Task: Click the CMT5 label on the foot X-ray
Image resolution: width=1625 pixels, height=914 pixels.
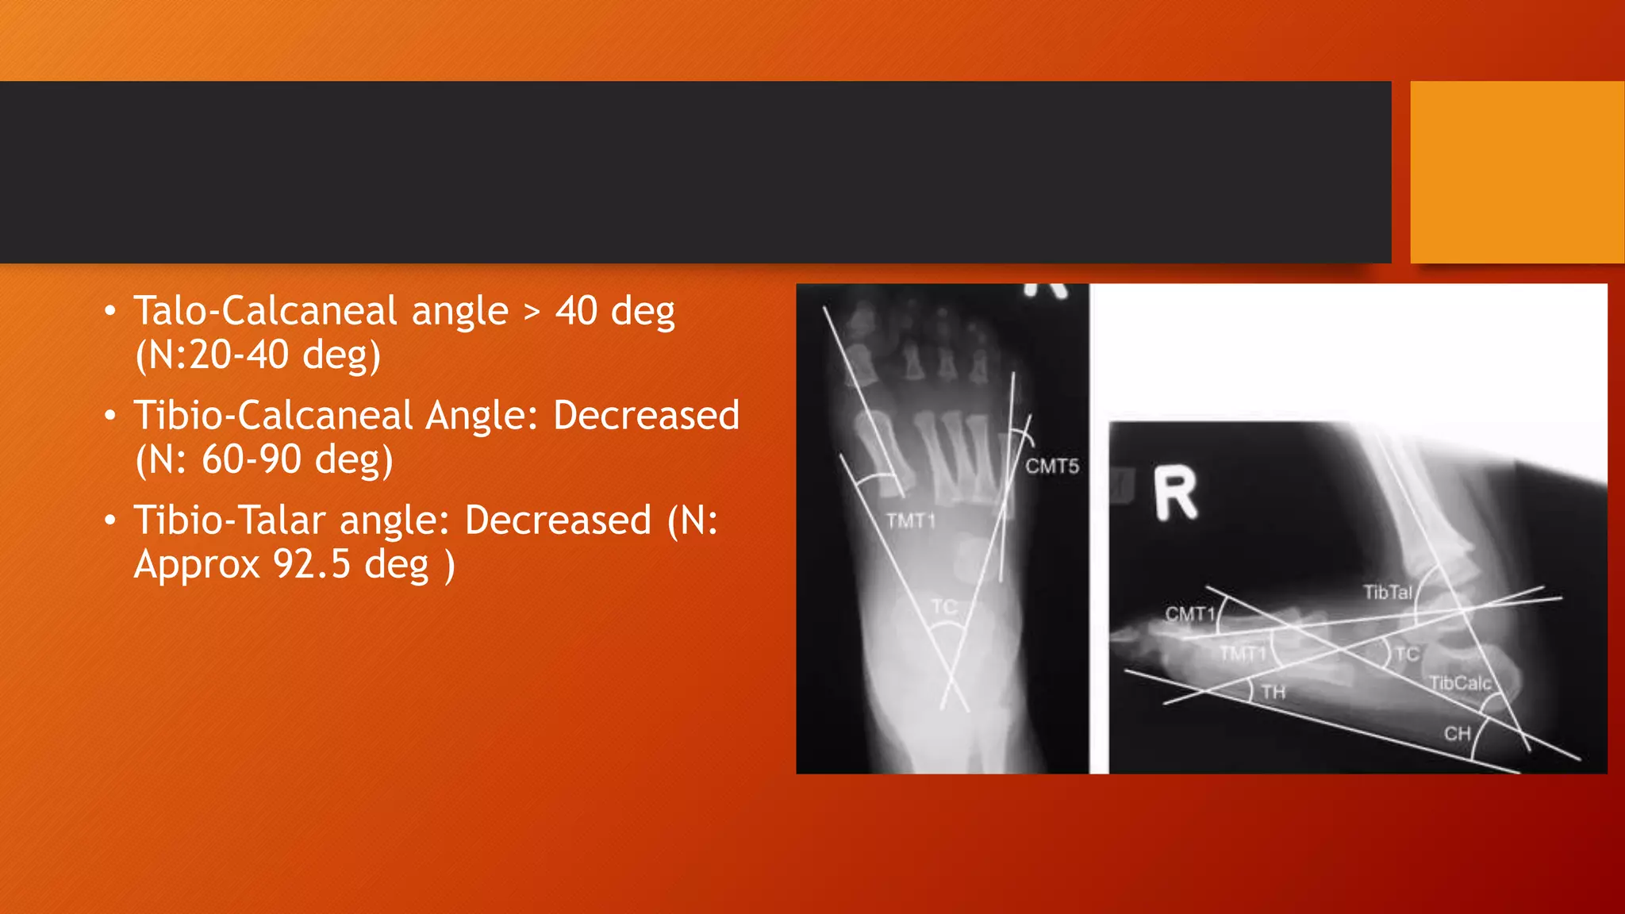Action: coord(1052,466)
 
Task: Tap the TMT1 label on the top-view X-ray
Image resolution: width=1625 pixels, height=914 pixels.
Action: coord(911,521)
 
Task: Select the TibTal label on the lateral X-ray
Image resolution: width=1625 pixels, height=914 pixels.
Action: coord(1388,592)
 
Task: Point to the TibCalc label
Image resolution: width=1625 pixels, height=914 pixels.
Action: coord(1460,683)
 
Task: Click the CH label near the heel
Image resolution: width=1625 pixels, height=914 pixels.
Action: coord(1457,734)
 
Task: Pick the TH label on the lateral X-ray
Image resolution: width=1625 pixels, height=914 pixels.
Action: coord(1273,692)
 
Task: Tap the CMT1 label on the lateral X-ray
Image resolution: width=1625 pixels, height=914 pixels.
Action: coord(1190,613)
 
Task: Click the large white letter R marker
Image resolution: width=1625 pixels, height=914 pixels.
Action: coord(1174,493)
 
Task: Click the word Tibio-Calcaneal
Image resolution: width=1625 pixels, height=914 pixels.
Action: coord(274,415)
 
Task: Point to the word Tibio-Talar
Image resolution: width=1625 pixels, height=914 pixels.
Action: coord(230,520)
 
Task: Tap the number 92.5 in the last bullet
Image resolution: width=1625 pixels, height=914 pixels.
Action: coord(312,564)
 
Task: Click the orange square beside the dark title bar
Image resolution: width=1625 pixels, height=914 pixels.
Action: coord(1516,172)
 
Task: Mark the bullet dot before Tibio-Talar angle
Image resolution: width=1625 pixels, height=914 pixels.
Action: coord(110,520)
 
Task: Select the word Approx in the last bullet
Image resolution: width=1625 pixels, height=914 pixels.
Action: coord(197,565)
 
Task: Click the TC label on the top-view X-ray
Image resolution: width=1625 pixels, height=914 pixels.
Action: coord(943,607)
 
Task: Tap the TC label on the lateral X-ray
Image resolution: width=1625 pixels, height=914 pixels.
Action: coord(1407,655)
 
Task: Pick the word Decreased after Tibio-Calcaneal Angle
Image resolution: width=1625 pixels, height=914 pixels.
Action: coord(646,415)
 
